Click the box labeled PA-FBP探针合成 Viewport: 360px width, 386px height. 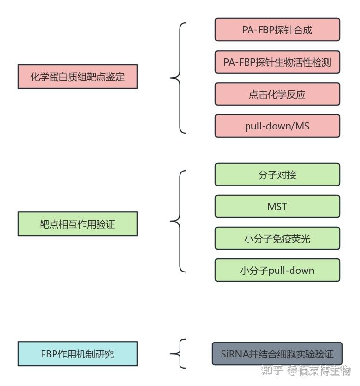pos(277,30)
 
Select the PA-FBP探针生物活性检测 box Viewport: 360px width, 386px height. pos(277,62)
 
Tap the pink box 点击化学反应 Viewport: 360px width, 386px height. pos(277,94)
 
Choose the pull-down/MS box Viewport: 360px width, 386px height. pos(277,126)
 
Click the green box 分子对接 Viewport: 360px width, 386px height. pos(277,175)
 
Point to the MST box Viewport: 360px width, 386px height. pos(277,207)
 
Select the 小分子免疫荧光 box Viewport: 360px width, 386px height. pos(277,239)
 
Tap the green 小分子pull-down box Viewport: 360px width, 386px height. pos(277,271)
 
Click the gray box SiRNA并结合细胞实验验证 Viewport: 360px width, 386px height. pos(277,354)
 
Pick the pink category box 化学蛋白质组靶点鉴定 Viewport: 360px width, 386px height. pos(78,77)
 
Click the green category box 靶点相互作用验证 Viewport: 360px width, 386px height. pos(78,224)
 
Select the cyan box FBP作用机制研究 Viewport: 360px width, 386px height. pos(78,354)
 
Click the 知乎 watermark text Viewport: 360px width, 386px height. pos(272,371)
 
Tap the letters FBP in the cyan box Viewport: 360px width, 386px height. pos(49,354)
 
